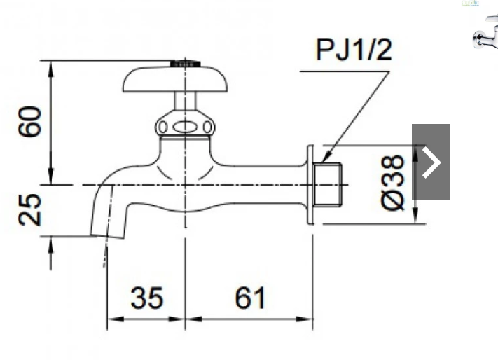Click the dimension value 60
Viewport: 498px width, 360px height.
tap(29, 122)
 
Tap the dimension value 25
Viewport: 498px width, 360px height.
tap(29, 210)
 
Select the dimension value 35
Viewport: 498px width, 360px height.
tap(147, 298)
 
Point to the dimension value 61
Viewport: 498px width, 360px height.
tap(250, 298)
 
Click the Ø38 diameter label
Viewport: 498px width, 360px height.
tap(392, 183)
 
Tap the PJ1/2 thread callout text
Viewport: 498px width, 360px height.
tap(354, 50)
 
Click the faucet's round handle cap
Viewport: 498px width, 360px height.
tap(175, 79)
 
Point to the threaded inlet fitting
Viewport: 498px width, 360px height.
tap(327, 184)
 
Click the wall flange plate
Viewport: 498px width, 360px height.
tap(310, 184)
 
